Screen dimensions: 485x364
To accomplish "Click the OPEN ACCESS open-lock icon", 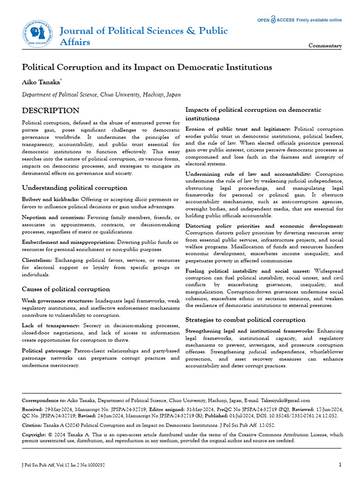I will coord(274,20).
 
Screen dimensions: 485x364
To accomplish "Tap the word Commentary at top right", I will coord(325,46).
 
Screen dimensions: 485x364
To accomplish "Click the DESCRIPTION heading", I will coord(51,111).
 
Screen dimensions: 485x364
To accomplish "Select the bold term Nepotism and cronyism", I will coord(53,217).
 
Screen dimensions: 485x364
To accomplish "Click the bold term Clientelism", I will coord(37,260).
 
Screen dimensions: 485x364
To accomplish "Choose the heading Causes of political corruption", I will coord(66,289).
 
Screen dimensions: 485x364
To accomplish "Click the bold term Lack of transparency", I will coord(51,326).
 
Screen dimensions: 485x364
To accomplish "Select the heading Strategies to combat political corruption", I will coord(245,320).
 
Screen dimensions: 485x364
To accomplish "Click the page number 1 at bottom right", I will coord(340,465).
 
